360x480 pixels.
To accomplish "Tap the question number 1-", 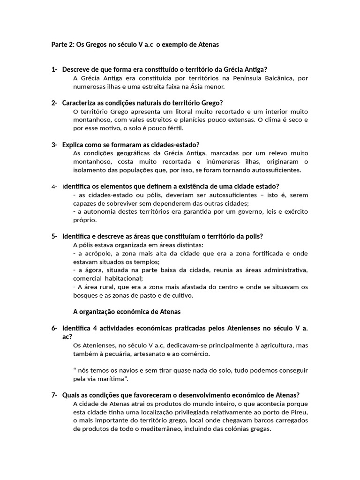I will [x=54, y=70].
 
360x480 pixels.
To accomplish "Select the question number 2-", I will [x=54, y=103].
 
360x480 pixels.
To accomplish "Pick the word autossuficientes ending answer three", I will [x=276, y=170].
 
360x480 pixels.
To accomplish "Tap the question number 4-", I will [x=54, y=187].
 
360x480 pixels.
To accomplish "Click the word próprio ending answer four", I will [x=85, y=220].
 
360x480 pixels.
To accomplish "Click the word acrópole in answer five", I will [x=93, y=254].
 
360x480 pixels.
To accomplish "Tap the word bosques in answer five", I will [x=85, y=295].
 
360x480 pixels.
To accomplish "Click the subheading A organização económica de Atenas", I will [x=127, y=312].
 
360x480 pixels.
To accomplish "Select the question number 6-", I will [x=54, y=328].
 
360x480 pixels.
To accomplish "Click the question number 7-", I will [x=54, y=395].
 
